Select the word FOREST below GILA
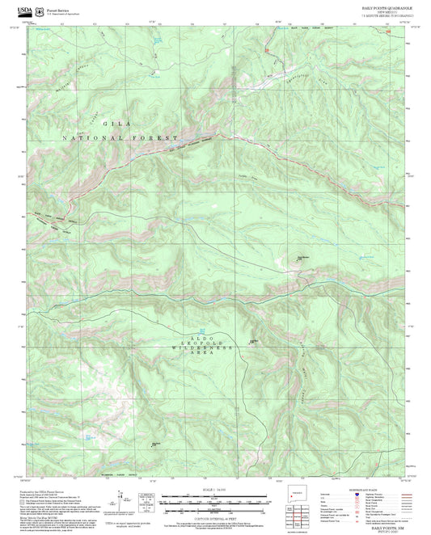[x=158, y=138]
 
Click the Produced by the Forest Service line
[x=40, y=492]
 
